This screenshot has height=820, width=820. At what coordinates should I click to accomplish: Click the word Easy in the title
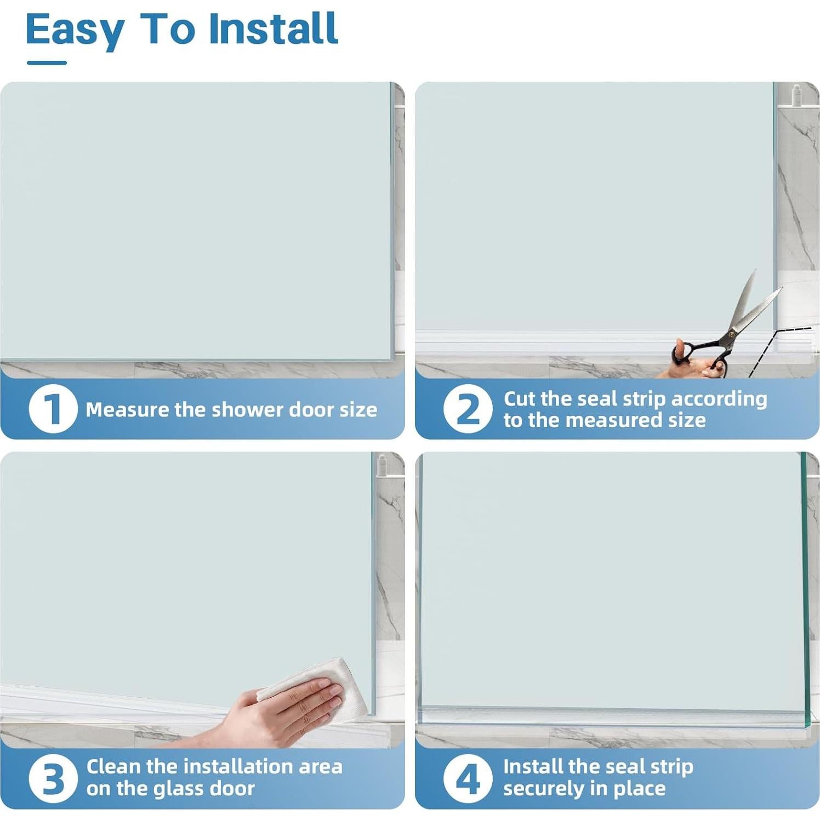75,30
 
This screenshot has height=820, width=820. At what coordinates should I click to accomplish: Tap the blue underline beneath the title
47,62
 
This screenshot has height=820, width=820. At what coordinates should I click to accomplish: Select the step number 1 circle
53,408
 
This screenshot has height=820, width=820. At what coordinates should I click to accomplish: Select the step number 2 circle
468,408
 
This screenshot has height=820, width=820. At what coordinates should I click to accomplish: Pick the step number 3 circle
53,778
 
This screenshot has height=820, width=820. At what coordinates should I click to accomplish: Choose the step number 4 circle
468,778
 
